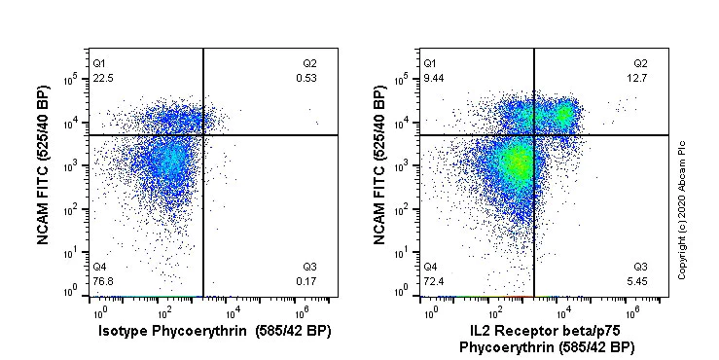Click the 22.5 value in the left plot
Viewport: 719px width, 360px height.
[102, 78]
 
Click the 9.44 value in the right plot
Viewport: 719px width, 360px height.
[433, 78]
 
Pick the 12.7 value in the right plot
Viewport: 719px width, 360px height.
[638, 78]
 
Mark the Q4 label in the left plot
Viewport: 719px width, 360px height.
[99, 267]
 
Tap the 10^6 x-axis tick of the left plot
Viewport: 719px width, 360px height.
[302, 311]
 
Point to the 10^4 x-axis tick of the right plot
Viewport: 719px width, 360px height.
[565, 311]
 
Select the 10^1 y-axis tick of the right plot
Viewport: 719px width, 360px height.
[409, 252]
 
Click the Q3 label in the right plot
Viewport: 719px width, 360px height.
[640, 267]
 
